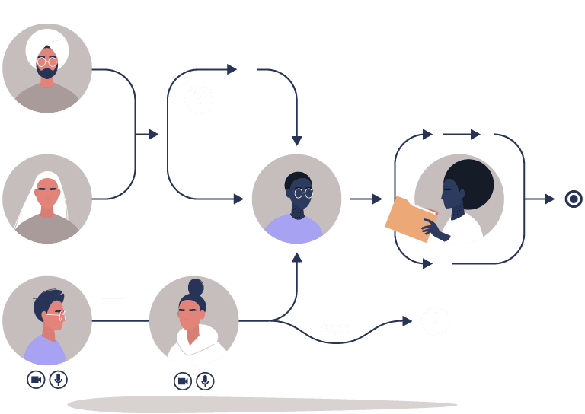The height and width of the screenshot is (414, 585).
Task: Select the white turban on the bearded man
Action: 47,44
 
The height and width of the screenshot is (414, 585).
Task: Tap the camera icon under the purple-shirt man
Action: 36,379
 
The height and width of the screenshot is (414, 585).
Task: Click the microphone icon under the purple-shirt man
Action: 59,379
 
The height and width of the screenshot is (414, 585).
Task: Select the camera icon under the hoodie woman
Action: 183,381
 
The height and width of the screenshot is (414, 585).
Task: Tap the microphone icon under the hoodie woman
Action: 205,381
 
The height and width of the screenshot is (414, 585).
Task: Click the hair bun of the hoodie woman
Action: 196,287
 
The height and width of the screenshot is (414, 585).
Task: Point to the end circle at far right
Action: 574,199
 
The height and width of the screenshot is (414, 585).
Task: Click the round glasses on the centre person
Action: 302,193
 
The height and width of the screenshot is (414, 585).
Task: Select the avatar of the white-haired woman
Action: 47,199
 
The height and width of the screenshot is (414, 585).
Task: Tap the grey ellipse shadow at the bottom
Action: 263,404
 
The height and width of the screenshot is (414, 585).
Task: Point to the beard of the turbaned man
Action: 47,73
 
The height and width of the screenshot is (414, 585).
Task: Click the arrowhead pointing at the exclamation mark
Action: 408,320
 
